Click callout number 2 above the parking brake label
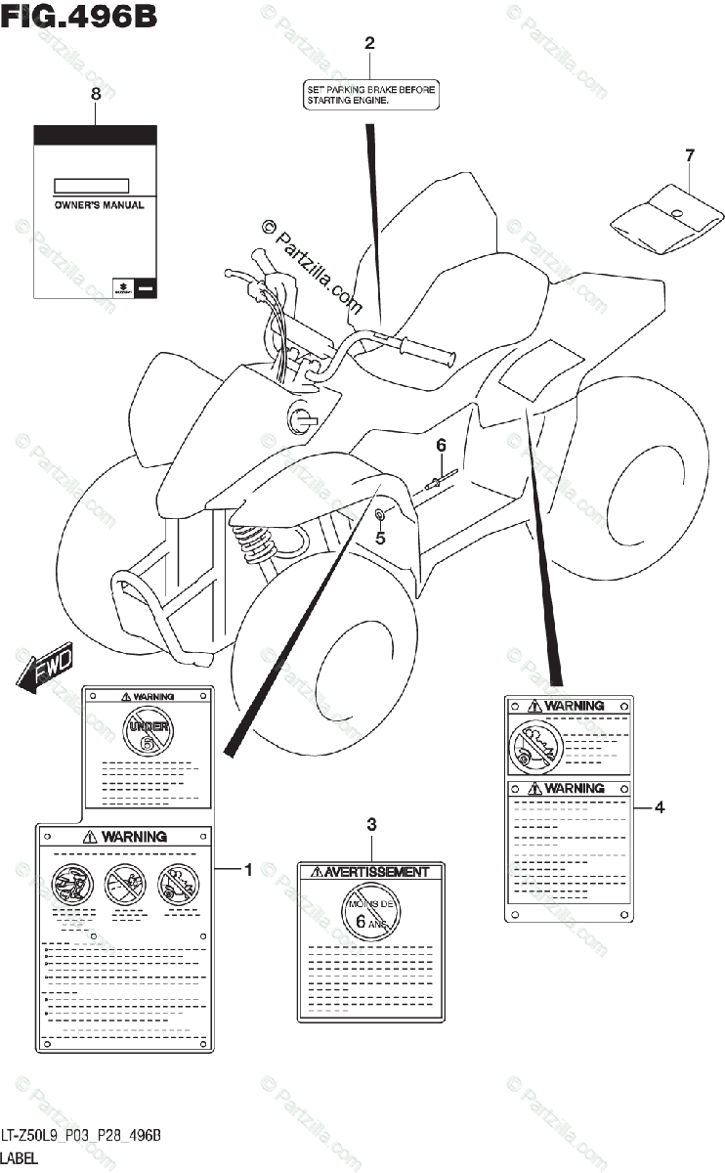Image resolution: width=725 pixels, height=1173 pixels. [x=369, y=43]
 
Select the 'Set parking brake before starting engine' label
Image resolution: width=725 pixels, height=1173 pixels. [x=369, y=94]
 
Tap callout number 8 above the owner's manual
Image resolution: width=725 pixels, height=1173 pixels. [x=95, y=94]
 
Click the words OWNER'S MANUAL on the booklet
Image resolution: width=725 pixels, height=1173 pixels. [x=99, y=205]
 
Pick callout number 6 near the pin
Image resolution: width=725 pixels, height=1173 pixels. [x=441, y=445]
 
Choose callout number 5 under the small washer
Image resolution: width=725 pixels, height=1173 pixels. [x=381, y=537]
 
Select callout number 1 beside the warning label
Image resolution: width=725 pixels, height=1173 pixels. [x=248, y=869]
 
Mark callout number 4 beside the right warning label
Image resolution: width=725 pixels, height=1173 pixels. [x=660, y=807]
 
